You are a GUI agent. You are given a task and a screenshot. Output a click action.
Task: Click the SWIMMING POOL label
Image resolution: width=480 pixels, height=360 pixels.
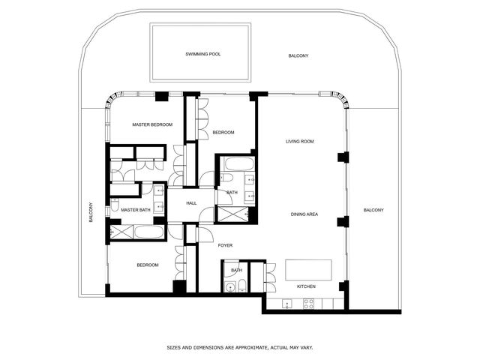click(203, 54)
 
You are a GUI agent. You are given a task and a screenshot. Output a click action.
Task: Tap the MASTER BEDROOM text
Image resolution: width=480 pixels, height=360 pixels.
click(152, 124)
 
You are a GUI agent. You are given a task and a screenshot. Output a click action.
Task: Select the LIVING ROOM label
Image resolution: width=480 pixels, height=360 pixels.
click(298, 141)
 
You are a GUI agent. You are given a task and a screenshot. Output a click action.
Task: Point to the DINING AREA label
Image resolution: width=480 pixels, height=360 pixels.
click(304, 214)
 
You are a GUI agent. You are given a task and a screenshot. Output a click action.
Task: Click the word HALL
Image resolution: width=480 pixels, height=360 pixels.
click(191, 203)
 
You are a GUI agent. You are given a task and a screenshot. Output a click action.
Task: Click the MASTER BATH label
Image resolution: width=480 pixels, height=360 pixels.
click(136, 210)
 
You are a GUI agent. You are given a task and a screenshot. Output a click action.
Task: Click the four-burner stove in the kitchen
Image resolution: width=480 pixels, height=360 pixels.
click(307, 303)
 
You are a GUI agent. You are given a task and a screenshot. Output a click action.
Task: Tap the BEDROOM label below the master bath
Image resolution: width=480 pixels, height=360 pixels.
click(147, 265)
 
